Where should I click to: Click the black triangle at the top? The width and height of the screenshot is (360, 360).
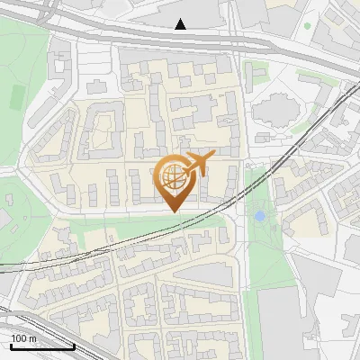click(x=181, y=24)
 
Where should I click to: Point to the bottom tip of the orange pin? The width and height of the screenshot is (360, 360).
click(x=172, y=211)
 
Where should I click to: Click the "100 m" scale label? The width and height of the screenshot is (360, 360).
click(x=24, y=338)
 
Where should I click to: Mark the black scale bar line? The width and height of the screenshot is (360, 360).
click(x=42, y=346)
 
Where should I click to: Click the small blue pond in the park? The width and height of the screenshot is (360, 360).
click(x=260, y=216)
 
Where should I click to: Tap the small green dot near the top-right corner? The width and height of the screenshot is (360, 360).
click(x=307, y=25)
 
